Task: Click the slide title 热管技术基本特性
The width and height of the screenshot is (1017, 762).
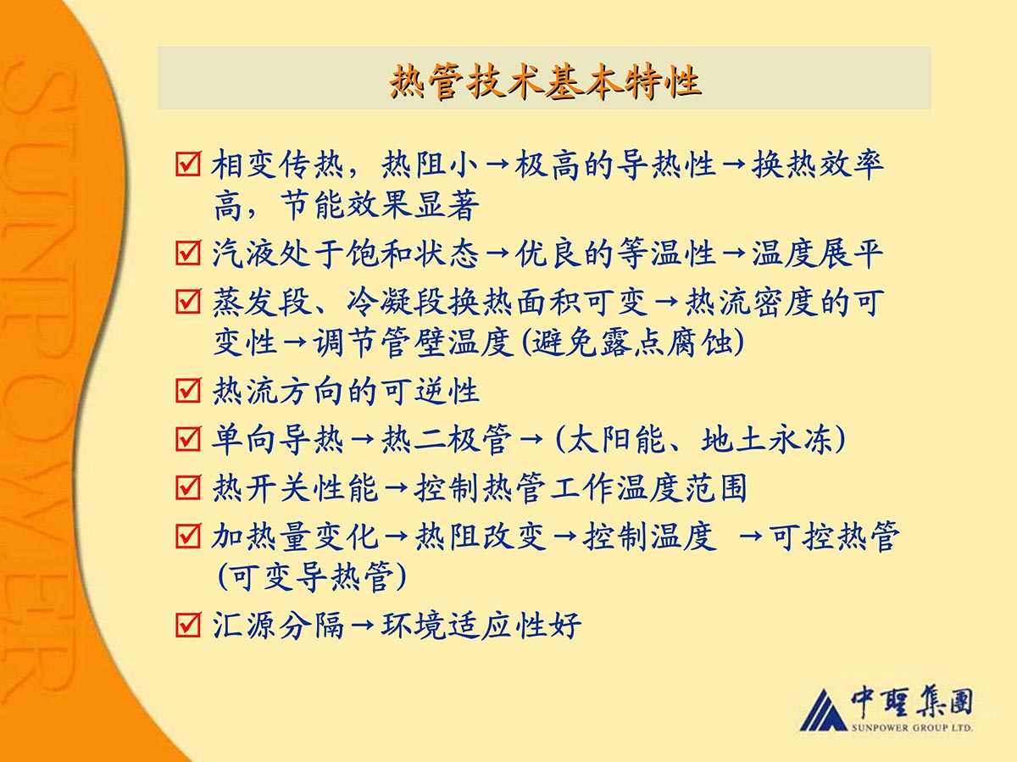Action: coord(544,81)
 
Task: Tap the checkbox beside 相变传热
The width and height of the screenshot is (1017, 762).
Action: coord(188,164)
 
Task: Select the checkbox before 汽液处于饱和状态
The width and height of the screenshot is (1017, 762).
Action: coord(188,253)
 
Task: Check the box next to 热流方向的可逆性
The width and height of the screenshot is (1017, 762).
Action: coord(188,390)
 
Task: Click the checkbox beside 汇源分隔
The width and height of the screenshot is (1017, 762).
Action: coord(188,625)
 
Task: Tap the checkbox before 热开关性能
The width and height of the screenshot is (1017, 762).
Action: coord(188,487)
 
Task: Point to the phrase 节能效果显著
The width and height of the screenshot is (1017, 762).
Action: coord(380,205)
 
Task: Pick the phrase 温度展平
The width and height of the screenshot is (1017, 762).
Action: coord(817,253)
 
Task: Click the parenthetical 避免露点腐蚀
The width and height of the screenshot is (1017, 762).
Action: coord(632,342)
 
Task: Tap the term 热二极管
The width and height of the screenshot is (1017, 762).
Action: coord(447,438)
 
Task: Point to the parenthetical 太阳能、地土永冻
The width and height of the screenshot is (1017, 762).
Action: coord(700,438)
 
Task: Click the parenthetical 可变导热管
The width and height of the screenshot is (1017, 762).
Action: coord(312,576)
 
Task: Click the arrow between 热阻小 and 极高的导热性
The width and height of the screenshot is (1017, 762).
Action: coord(497,164)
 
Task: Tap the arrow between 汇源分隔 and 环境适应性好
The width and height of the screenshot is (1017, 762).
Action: coord(363,625)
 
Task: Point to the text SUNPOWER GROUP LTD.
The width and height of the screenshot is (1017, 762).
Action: coord(912,727)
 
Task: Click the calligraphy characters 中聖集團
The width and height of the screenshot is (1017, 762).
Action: coord(911,703)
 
